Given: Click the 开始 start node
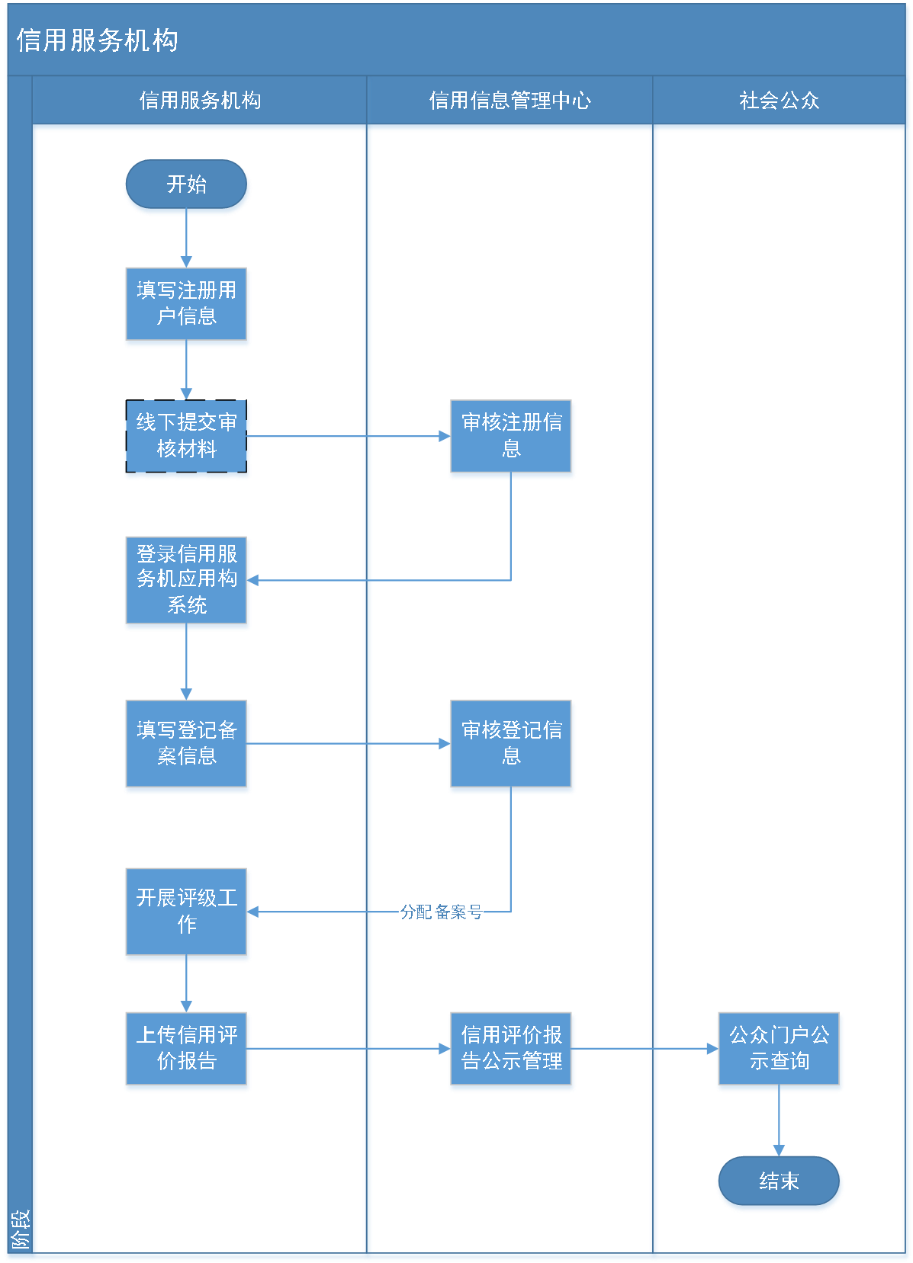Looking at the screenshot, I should click(x=187, y=185).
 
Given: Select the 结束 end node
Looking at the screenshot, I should click(x=779, y=1182).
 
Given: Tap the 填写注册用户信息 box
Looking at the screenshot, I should click(x=187, y=305).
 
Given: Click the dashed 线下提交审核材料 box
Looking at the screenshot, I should click(x=187, y=438).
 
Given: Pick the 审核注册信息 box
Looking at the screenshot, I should click(x=511, y=438).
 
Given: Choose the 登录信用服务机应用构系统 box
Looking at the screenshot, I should click(x=187, y=581).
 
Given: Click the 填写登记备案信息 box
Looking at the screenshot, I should click(x=187, y=745).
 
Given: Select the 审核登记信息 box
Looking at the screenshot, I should click(x=511, y=745).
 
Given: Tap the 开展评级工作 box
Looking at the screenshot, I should click(x=187, y=912).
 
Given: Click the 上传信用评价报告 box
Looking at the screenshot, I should click(x=187, y=1050).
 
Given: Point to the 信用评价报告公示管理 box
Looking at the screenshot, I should click(x=511, y=1050).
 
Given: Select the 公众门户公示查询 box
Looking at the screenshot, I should click(x=779, y=1050).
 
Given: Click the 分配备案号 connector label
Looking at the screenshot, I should click(x=441, y=912).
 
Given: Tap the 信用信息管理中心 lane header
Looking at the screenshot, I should click(x=510, y=101).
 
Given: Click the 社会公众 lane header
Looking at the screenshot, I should click(x=779, y=101).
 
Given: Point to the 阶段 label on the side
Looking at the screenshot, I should click(x=20, y=1229).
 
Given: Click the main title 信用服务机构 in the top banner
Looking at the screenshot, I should click(x=98, y=40).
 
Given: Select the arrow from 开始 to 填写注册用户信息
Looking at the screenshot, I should click(x=186, y=241).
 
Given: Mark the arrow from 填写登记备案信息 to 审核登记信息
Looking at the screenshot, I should click(x=349, y=743).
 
